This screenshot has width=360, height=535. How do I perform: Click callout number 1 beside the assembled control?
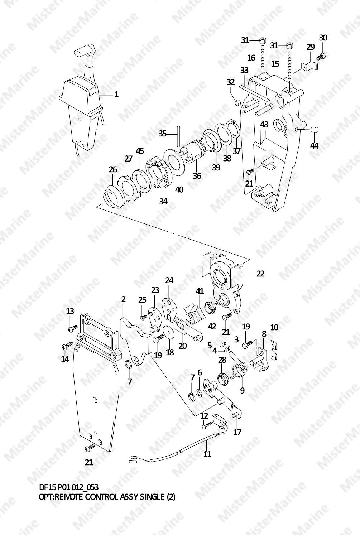click(x=116, y=95)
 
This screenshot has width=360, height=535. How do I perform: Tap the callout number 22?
click(x=260, y=273)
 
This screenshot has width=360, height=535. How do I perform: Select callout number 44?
click(x=314, y=145)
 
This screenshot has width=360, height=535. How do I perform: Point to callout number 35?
click(x=163, y=134)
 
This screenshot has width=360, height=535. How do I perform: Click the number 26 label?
click(x=113, y=169)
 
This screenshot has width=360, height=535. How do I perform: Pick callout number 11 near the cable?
click(x=207, y=454)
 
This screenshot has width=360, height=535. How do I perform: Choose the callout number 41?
click(x=200, y=291)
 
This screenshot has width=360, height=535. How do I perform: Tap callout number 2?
click(x=123, y=299)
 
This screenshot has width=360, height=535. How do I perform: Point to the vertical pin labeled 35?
click(x=178, y=136)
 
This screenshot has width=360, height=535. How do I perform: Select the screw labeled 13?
click(x=73, y=327)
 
